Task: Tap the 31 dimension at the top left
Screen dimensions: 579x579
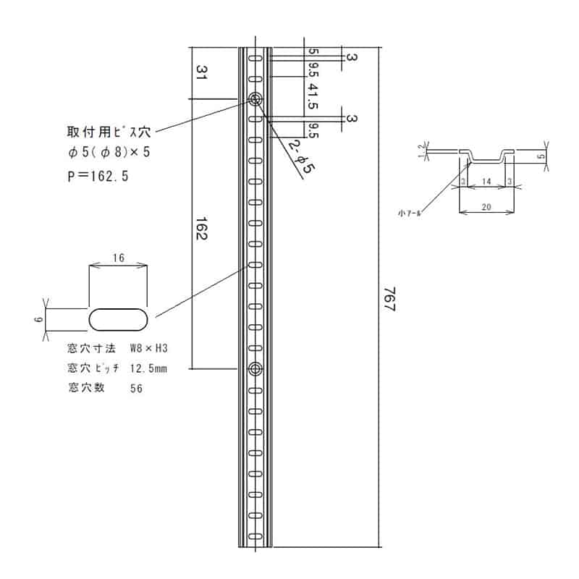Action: (201, 72)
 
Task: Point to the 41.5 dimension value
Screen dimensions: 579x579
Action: (313, 94)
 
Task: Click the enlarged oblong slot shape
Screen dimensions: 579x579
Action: (119, 318)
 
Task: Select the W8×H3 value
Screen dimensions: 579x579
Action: (149, 348)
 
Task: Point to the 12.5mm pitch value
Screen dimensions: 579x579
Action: (148, 368)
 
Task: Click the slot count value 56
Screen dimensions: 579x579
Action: (136, 389)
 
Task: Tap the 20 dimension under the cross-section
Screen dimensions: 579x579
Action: (486, 206)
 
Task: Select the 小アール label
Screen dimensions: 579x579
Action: (409, 213)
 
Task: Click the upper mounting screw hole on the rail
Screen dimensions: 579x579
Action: (255, 99)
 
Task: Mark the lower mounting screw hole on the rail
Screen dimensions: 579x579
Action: (255, 370)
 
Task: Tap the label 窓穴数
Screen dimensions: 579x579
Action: (85, 388)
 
